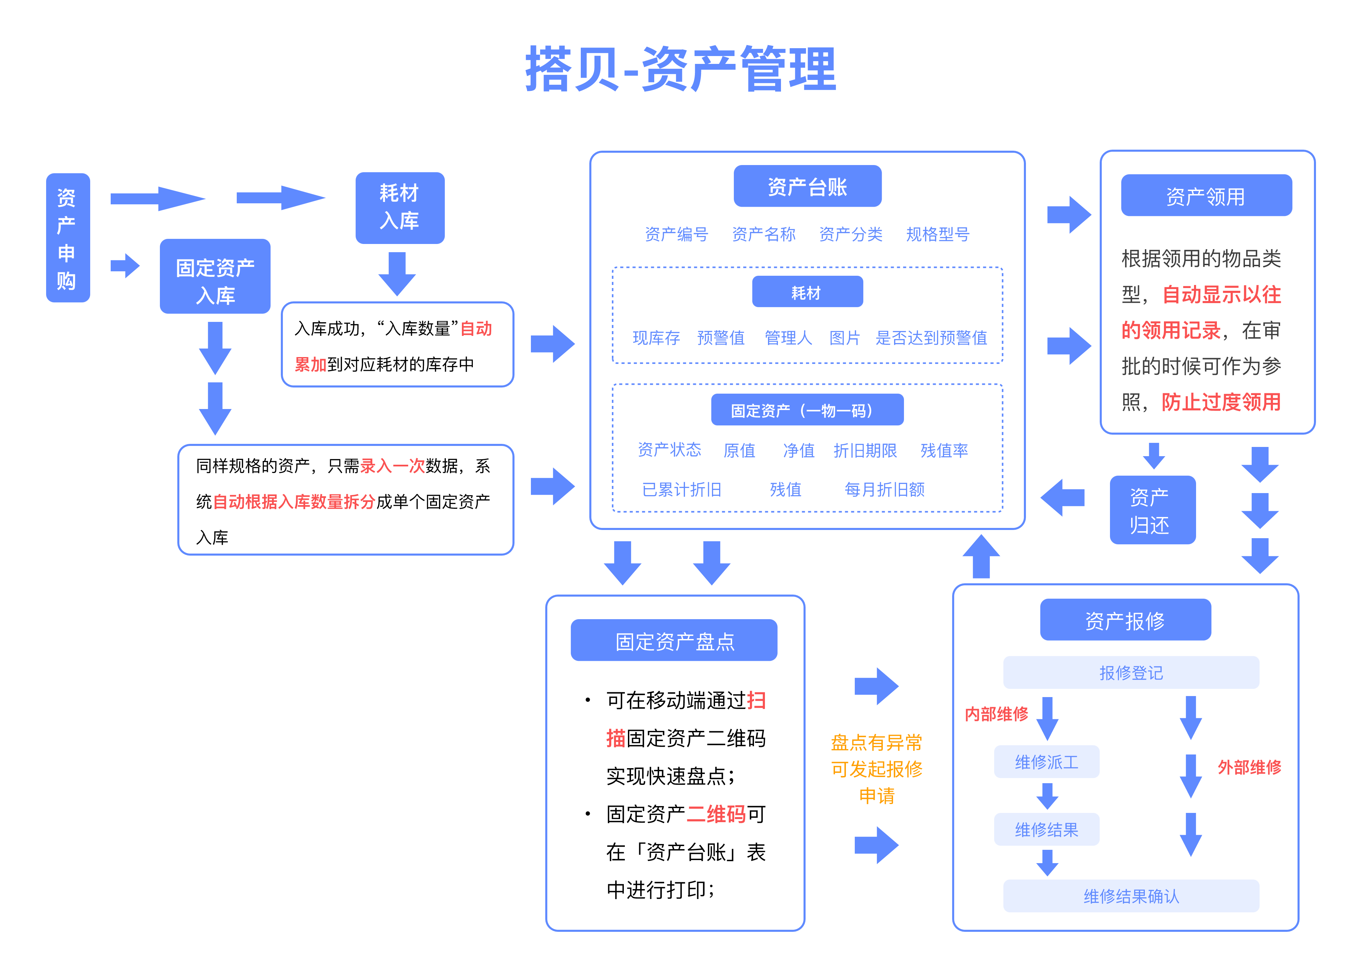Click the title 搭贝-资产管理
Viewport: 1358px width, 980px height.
pos(680,69)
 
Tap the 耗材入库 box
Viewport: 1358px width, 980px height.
pos(399,207)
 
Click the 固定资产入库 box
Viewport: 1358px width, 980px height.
pos(215,276)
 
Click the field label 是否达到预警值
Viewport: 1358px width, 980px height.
pos(931,338)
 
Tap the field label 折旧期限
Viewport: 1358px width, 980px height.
pos(865,450)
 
